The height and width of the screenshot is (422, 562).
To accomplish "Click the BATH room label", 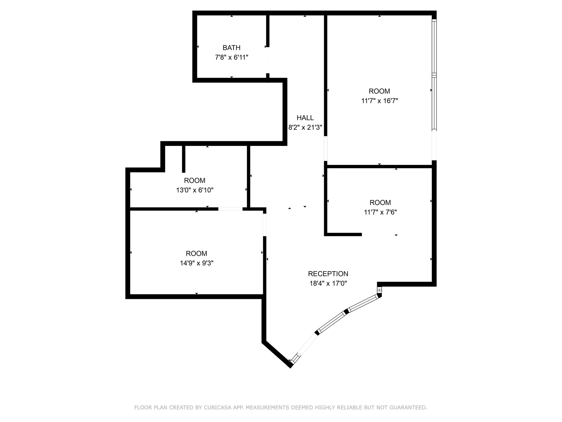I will (x=231, y=48).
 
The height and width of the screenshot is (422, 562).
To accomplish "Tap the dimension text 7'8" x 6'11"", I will (x=231, y=57).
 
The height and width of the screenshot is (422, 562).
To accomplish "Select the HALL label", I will (x=305, y=118).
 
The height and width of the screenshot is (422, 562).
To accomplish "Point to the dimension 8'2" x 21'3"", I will (x=305, y=127).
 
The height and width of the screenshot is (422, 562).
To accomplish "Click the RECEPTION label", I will (x=328, y=274).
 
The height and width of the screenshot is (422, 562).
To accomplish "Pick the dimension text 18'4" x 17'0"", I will (x=328, y=283).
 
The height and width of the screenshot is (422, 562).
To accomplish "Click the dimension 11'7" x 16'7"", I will (x=379, y=101).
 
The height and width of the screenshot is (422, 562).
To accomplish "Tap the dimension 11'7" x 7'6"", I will (x=380, y=212).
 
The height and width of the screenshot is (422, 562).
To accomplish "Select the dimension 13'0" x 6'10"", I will (x=195, y=190).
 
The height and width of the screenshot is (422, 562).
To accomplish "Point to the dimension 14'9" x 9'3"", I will (x=196, y=263).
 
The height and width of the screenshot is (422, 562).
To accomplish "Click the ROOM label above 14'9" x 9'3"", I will (x=196, y=254).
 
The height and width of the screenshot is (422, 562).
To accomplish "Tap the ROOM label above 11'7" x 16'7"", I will (x=379, y=91).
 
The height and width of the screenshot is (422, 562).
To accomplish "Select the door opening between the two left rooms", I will (x=230, y=209).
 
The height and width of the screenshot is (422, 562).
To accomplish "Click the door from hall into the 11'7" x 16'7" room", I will (x=325, y=148).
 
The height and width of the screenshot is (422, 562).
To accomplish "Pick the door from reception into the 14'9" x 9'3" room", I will (x=265, y=225).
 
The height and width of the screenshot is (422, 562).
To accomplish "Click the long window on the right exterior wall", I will (x=434, y=75).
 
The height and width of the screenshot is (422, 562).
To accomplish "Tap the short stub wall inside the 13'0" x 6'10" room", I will (x=184, y=159).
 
